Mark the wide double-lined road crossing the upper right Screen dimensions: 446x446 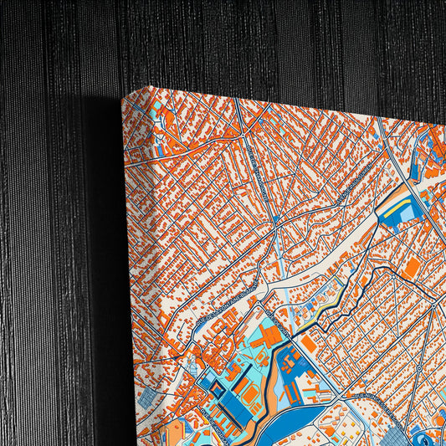410,176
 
